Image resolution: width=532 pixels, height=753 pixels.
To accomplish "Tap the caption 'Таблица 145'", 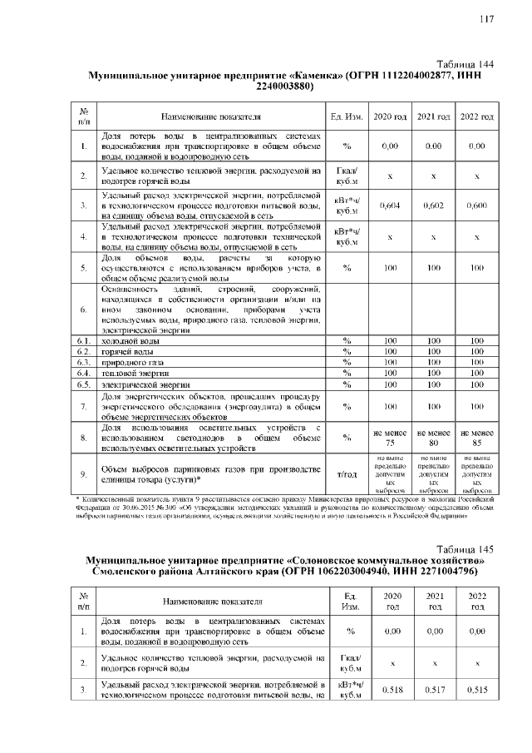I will pyautogui.click(x=465, y=549).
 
